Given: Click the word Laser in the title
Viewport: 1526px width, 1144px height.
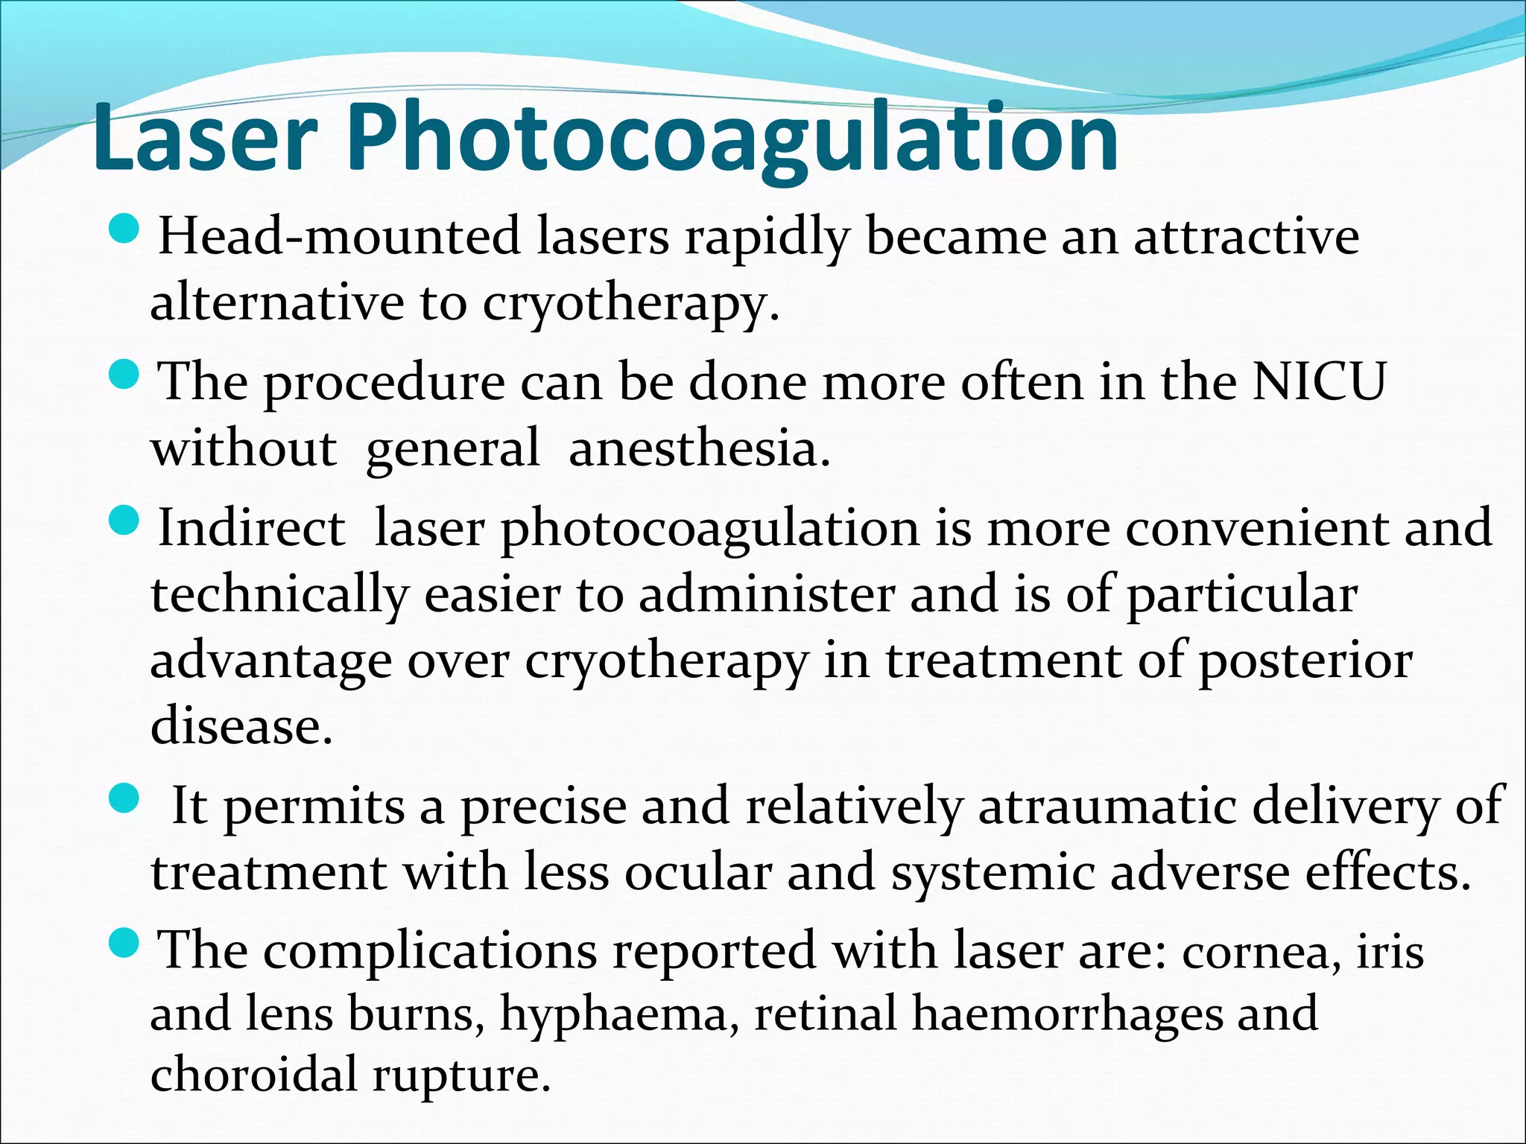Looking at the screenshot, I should (206, 138).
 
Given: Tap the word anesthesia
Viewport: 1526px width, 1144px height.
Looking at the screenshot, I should (699, 448).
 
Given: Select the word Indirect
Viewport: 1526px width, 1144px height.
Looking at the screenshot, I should (252, 528).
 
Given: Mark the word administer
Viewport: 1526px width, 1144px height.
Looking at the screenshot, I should (767, 595).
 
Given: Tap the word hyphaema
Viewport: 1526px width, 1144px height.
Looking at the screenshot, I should (613, 1014).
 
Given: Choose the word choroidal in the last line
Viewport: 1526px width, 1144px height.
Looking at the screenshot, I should (254, 1074).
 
